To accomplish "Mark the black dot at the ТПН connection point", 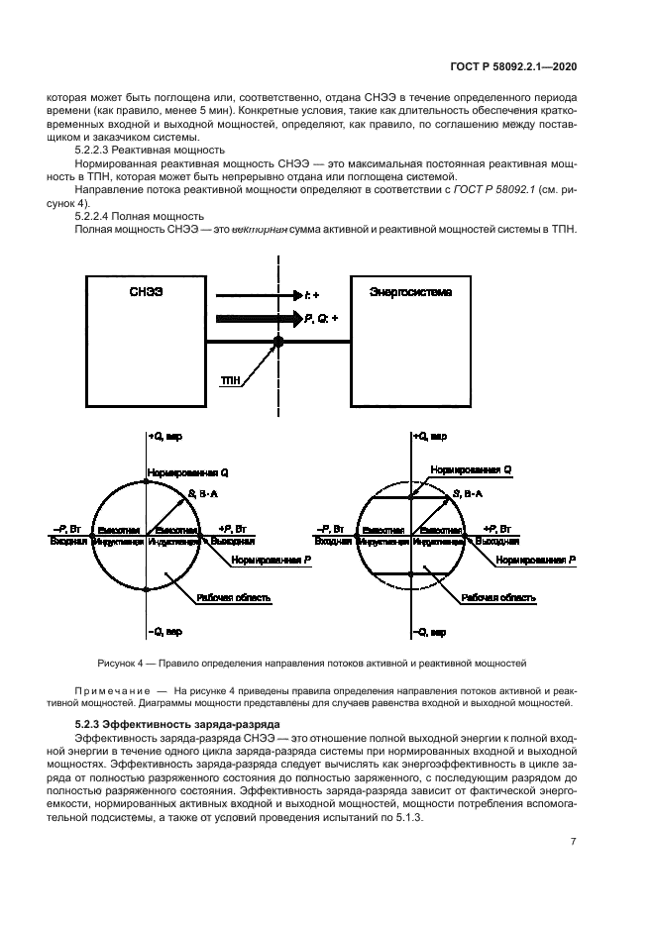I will coord(278,343).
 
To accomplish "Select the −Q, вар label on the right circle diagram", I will coord(430,631).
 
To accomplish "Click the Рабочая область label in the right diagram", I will coord(499,598).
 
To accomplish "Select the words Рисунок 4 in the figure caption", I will coord(120,662).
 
